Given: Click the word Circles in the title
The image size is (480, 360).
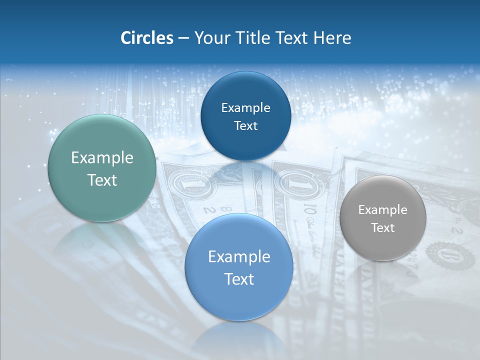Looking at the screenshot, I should tap(146, 38).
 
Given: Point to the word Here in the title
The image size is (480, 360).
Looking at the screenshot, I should tap(332, 38).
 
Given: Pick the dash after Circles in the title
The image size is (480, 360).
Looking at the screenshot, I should tap(183, 38).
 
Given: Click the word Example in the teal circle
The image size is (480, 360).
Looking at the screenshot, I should tap(102, 158).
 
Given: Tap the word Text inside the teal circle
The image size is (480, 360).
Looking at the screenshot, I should tap(102, 180).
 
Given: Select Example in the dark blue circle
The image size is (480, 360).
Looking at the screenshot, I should tap(245, 108).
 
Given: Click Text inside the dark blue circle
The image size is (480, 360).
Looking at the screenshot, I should tap(245, 126).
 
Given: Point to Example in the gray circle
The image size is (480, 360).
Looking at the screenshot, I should tap(382, 210).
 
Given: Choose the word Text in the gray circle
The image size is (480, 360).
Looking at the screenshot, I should tap(382, 228).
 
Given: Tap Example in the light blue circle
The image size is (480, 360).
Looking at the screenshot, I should tap(239, 257).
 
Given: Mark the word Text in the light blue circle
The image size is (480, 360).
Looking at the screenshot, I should tap(239, 279).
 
